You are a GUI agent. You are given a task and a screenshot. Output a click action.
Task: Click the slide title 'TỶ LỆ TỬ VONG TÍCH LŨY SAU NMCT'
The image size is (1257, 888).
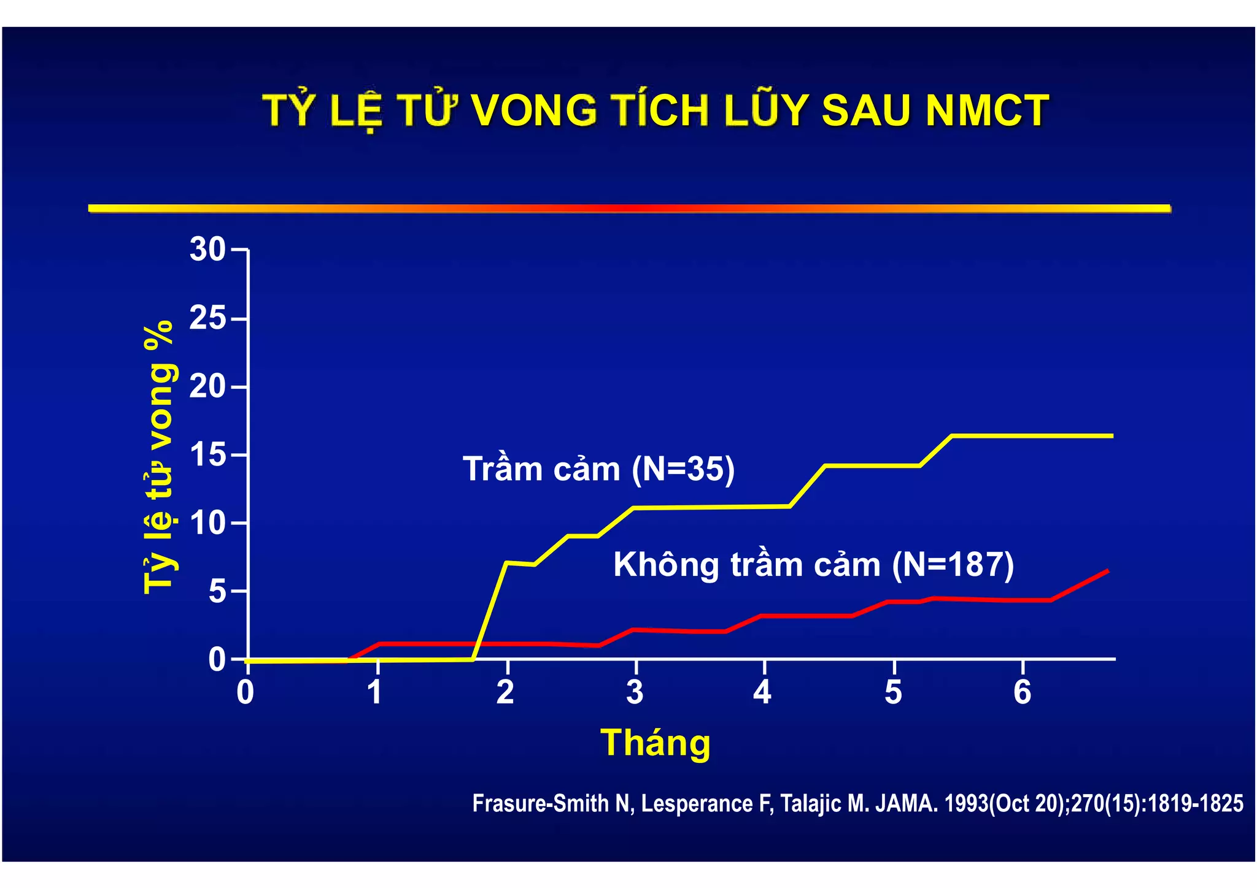pyautogui.click(x=656, y=111)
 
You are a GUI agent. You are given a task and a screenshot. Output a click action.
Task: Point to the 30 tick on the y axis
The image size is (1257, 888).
pyautogui.click(x=208, y=250)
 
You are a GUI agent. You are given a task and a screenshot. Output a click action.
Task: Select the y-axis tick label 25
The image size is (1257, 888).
pyautogui.click(x=208, y=318)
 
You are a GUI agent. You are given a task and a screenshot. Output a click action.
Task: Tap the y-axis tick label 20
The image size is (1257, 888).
pyautogui.click(x=208, y=387)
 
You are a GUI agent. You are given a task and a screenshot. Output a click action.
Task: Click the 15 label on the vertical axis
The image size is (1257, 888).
pyautogui.click(x=208, y=455)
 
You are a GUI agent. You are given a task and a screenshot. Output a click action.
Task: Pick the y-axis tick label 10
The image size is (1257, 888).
pyautogui.click(x=208, y=523)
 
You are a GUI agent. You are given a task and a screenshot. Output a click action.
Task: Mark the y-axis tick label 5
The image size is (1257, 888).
pyautogui.click(x=218, y=592)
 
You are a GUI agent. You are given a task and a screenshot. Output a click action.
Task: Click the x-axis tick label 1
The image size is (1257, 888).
pyautogui.click(x=375, y=692)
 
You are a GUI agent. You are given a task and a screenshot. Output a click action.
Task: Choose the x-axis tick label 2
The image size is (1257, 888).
pyautogui.click(x=505, y=692)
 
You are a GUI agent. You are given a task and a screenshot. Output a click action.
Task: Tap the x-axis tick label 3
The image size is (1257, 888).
pyautogui.click(x=635, y=692)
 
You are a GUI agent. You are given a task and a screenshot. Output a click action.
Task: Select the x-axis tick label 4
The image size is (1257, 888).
pyautogui.click(x=762, y=692)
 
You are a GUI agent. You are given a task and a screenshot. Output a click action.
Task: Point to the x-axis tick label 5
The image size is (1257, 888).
pyautogui.click(x=893, y=692)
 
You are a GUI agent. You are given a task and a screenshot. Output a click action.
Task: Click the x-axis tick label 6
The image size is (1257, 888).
pyautogui.click(x=1022, y=692)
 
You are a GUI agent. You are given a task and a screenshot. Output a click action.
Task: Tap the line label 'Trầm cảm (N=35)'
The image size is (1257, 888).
pyautogui.click(x=598, y=469)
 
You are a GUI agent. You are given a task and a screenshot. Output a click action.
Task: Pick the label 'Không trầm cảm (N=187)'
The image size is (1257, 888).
pyautogui.click(x=813, y=564)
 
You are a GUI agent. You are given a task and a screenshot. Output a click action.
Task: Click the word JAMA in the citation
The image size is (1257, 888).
pyautogui.click(x=906, y=803)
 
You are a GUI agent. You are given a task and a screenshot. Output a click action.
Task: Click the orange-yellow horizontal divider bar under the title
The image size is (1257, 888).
pyautogui.click(x=629, y=209)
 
